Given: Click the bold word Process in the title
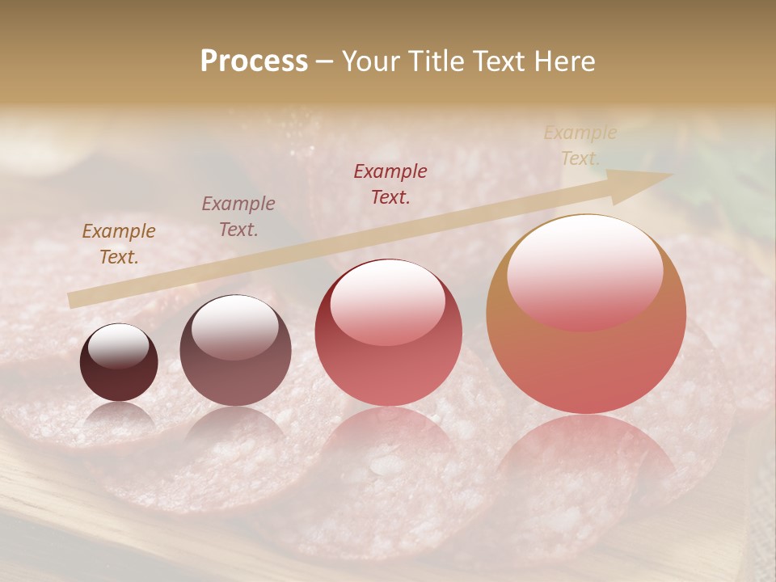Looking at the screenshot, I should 254,61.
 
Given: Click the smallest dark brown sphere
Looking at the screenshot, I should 119,363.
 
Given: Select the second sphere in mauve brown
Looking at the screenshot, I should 235,351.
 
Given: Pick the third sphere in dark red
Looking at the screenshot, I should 389,333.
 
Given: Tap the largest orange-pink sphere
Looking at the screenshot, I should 586,315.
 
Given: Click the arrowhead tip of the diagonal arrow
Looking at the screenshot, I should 672,175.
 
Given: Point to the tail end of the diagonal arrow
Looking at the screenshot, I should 71,301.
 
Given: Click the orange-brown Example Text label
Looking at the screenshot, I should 119,243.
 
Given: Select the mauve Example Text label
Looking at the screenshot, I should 238,216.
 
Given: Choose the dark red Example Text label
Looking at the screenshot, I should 390,183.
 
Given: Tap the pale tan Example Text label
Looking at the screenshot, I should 580,145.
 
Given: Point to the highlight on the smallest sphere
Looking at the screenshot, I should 118,346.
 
